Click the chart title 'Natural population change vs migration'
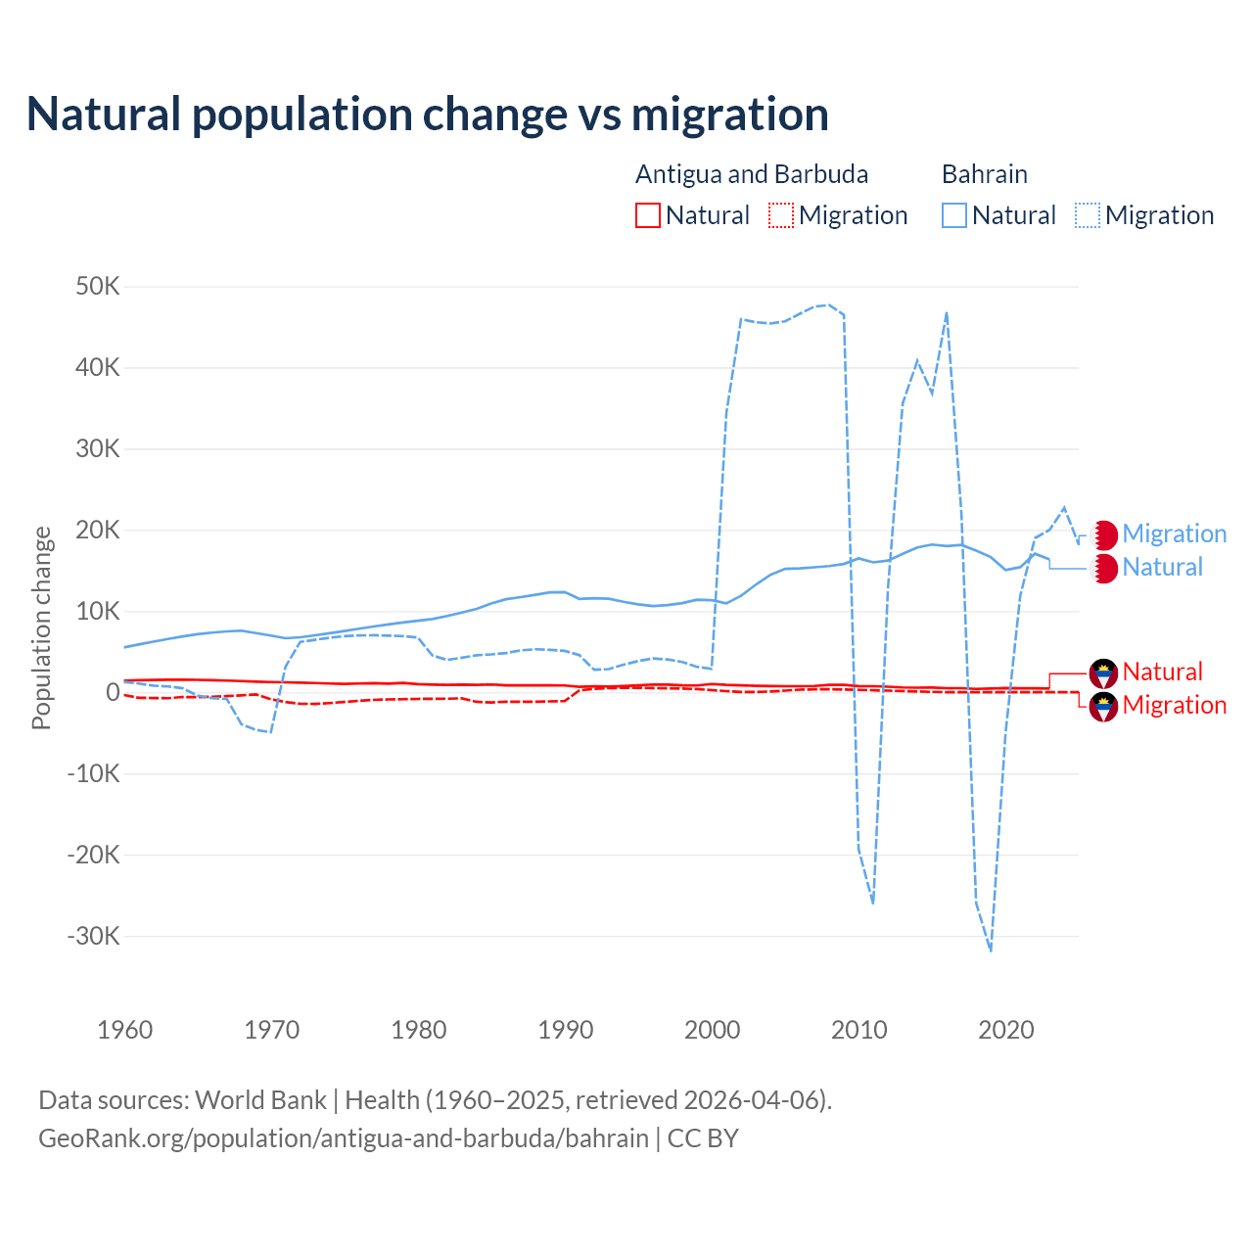tap(428, 115)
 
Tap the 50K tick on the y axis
tap(98, 287)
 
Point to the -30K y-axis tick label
tap(94, 936)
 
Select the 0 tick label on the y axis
tap(113, 692)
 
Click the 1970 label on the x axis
tap(272, 1030)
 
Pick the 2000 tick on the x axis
tap(713, 1030)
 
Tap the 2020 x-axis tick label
tap(1006, 1030)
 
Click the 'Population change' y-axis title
tap(41, 627)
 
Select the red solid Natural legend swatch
tap(648, 215)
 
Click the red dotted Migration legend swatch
tap(781, 215)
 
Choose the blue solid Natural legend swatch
tap(954, 215)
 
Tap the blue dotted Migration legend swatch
tap(1088, 215)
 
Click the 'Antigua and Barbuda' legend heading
tap(752, 174)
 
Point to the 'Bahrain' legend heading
tap(985, 174)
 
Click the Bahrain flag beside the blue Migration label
tap(1104, 534)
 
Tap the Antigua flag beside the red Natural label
tap(1104, 673)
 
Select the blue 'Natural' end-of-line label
tap(1162, 568)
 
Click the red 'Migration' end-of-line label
tap(1174, 706)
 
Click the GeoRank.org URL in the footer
tap(344, 1138)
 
